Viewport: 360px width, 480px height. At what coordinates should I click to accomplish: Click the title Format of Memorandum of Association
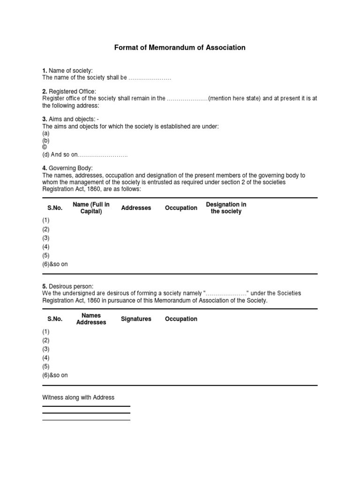pyautogui.click(x=180, y=48)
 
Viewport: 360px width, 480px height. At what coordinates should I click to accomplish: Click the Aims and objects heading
pyautogui.click(x=73, y=120)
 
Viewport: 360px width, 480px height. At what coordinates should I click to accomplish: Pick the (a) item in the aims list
pyautogui.click(x=46, y=134)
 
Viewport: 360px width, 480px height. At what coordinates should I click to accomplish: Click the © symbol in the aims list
pyautogui.click(x=45, y=147)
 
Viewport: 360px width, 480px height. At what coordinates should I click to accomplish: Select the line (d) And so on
pyautogui.click(x=85, y=155)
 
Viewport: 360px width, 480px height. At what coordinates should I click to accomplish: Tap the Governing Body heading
pyautogui.click(x=70, y=168)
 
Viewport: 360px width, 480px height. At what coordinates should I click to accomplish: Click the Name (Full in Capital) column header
pyautogui.click(x=91, y=208)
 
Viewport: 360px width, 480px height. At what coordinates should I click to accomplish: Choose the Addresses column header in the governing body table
pyautogui.click(x=136, y=208)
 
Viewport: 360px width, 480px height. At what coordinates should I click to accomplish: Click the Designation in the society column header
pyautogui.click(x=226, y=208)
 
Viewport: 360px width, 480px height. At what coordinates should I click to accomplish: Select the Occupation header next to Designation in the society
pyautogui.click(x=181, y=208)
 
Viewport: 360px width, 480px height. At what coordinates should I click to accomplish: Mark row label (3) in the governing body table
pyautogui.click(x=46, y=238)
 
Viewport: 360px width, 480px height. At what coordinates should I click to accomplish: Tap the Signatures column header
pyautogui.click(x=136, y=319)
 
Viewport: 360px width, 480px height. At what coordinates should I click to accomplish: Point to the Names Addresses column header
pyautogui.click(x=91, y=319)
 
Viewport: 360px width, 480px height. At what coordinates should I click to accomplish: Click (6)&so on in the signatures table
pyautogui.click(x=55, y=375)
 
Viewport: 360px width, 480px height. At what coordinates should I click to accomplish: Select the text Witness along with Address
pyautogui.click(x=78, y=397)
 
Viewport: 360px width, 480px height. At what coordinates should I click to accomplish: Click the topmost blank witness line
pyautogui.click(x=86, y=406)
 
